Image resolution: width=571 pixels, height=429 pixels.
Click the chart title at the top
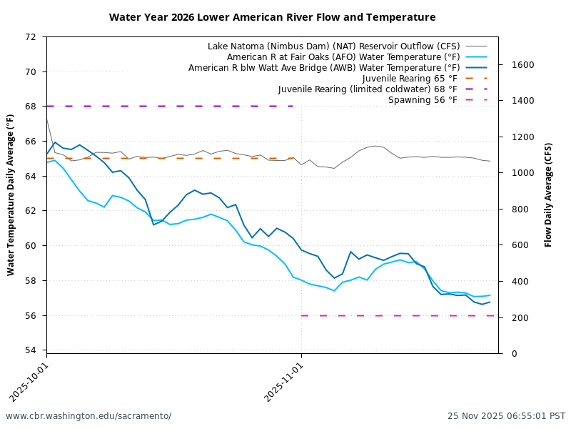click(x=272, y=17)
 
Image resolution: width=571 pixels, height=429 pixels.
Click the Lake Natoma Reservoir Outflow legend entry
click(x=333, y=46)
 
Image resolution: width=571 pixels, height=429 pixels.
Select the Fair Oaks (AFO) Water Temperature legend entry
click(x=342, y=57)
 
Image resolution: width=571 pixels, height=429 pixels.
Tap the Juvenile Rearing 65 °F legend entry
click(x=410, y=79)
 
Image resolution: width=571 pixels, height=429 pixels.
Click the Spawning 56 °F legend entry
click(x=423, y=100)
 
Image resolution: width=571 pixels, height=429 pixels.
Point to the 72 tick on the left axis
click(x=31, y=36)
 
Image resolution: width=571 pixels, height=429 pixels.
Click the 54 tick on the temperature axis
click(x=31, y=350)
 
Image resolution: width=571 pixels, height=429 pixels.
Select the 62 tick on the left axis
click(x=31, y=211)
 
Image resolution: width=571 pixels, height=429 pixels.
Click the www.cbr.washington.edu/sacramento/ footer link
click(x=89, y=416)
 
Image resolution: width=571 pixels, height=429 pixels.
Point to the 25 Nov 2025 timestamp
click(x=506, y=416)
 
